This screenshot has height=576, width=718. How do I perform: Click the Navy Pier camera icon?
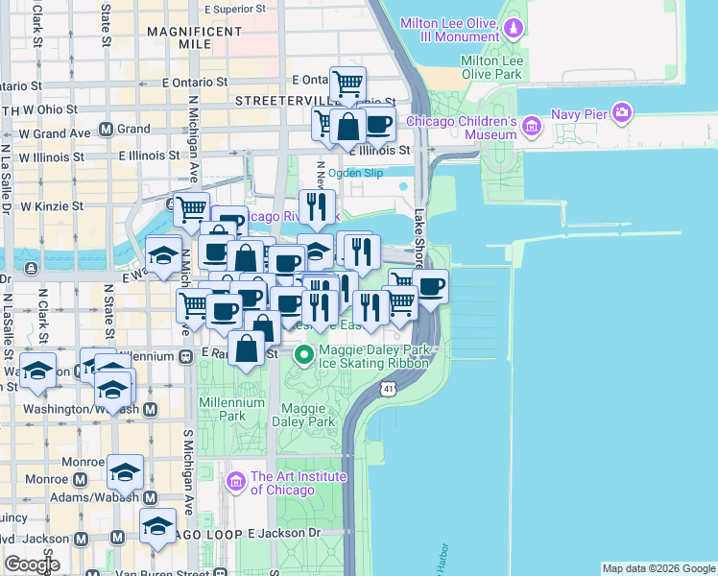point(623,114)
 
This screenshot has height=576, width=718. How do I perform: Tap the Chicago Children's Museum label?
point(462,129)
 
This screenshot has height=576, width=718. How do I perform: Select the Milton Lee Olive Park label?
point(491,66)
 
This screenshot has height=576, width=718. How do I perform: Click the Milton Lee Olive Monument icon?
point(514,29)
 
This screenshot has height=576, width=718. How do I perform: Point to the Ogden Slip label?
point(355,173)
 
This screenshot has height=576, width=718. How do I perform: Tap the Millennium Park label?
point(231,409)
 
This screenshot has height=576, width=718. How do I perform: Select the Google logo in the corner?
point(32,564)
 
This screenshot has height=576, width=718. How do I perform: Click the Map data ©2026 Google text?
point(658,568)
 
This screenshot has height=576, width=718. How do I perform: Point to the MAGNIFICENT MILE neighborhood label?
point(195,38)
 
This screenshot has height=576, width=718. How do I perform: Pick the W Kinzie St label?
point(52,205)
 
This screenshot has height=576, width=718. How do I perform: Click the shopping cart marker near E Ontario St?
point(347,83)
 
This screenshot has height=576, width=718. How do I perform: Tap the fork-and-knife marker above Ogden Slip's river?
point(317,205)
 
